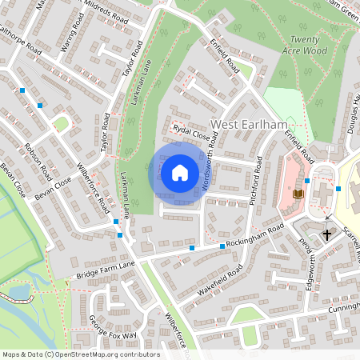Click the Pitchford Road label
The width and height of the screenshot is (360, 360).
255,182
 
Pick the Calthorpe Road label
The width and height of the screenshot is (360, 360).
20,43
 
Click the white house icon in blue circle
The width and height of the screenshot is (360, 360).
180,172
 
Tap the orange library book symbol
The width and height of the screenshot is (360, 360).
298,194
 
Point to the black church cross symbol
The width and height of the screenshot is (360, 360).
326,235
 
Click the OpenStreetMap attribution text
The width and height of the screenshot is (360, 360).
80,354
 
